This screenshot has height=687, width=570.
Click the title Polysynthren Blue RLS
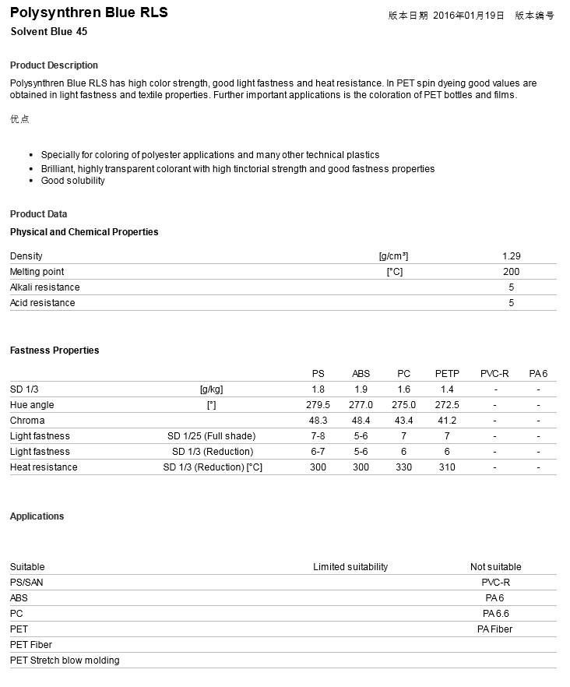tap(89, 12)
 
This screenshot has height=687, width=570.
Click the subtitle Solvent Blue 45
tap(48, 32)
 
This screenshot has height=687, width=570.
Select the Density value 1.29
tap(512, 256)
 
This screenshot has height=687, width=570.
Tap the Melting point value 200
tap(512, 272)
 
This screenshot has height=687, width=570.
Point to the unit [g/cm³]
tap(394, 256)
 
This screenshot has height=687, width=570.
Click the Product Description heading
tap(55, 65)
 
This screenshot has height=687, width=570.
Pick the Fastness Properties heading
tap(55, 351)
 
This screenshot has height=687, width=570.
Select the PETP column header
tap(447, 374)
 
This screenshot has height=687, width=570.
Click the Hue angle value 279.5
tap(318, 405)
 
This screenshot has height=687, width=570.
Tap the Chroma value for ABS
tap(361, 421)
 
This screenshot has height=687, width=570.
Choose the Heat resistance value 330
tap(403, 467)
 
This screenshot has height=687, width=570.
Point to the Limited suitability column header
tap(350, 567)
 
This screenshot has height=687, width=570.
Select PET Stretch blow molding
tap(65, 661)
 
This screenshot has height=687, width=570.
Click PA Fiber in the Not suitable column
tap(495, 629)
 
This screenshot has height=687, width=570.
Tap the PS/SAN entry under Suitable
tap(27, 583)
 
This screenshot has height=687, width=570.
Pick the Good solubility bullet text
tap(73, 181)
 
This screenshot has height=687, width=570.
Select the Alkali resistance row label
tap(44, 287)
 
